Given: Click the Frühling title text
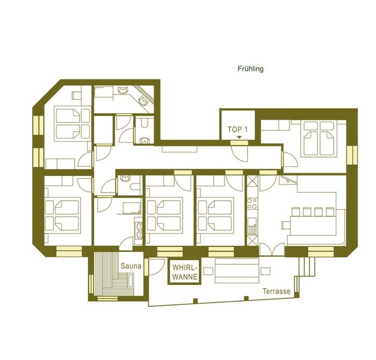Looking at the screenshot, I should [x=250, y=69].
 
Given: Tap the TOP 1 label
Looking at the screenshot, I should [x=238, y=130].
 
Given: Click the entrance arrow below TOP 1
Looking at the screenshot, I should [x=238, y=138].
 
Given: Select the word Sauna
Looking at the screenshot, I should [x=131, y=266].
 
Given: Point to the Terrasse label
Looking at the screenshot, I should [x=276, y=292].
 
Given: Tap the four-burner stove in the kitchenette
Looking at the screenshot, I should [x=251, y=204].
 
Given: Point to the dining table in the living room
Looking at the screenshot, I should [x=313, y=222].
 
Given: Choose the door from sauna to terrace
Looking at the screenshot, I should [x=153, y=267].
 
